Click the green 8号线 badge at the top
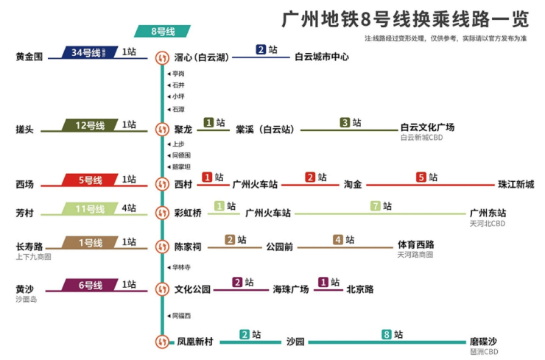coord(162,32)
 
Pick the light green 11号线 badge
coord(90,209)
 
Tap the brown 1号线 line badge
coord(90,242)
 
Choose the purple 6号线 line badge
coord(90,285)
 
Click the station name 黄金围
coord(29,57)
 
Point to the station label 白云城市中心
coord(322,57)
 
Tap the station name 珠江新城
coord(516,184)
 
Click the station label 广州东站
coord(488,213)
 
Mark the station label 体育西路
coord(415,245)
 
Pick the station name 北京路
coord(360,289)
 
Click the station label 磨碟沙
coord(483,342)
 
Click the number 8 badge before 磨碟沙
coord(386,335)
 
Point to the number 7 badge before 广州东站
coord(375,206)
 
